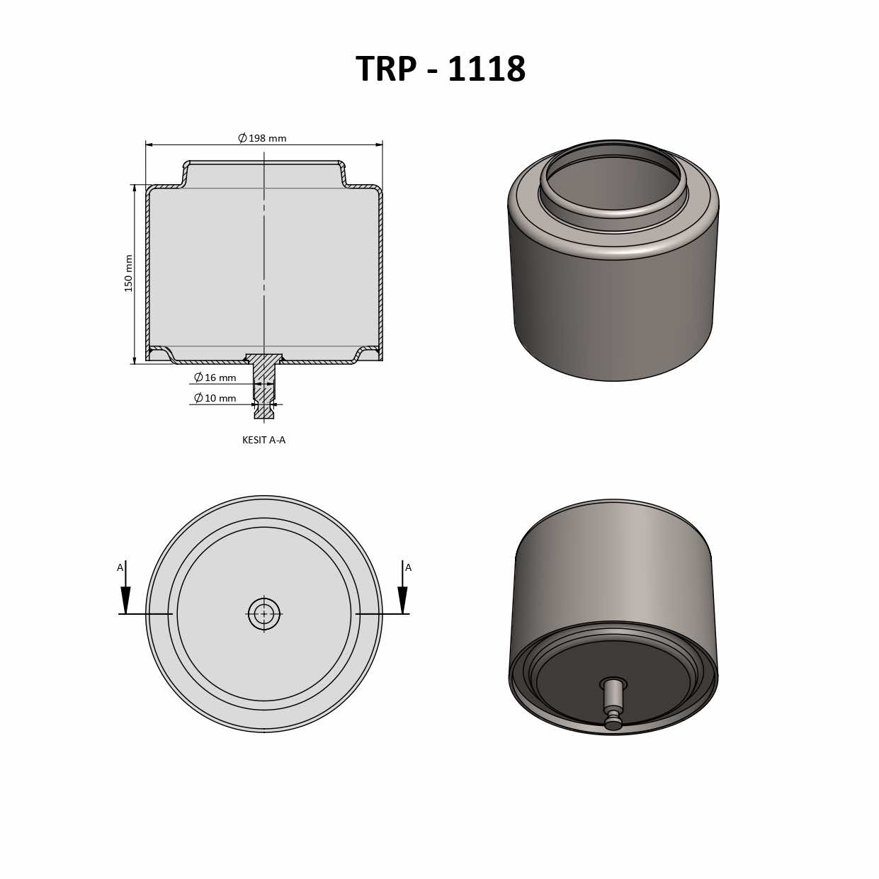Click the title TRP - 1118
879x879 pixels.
[x=440, y=69]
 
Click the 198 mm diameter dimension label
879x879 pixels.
[x=263, y=138]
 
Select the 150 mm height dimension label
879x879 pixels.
[x=129, y=273]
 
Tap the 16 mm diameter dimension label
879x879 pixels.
[x=215, y=378]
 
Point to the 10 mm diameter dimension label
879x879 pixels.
[x=215, y=398]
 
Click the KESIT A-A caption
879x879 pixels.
[x=263, y=440]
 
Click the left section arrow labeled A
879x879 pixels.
[x=125, y=599]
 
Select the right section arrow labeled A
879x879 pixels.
[x=402, y=599]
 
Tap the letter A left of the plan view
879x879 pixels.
[x=120, y=567]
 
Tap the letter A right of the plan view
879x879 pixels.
[x=408, y=567]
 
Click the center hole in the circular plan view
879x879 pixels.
[x=264, y=614]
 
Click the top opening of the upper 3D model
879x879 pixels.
[x=613, y=181]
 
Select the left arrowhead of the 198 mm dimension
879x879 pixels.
[x=149, y=144]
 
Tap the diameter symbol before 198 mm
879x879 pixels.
[x=242, y=138]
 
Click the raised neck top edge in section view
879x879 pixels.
[x=264, y=162]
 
